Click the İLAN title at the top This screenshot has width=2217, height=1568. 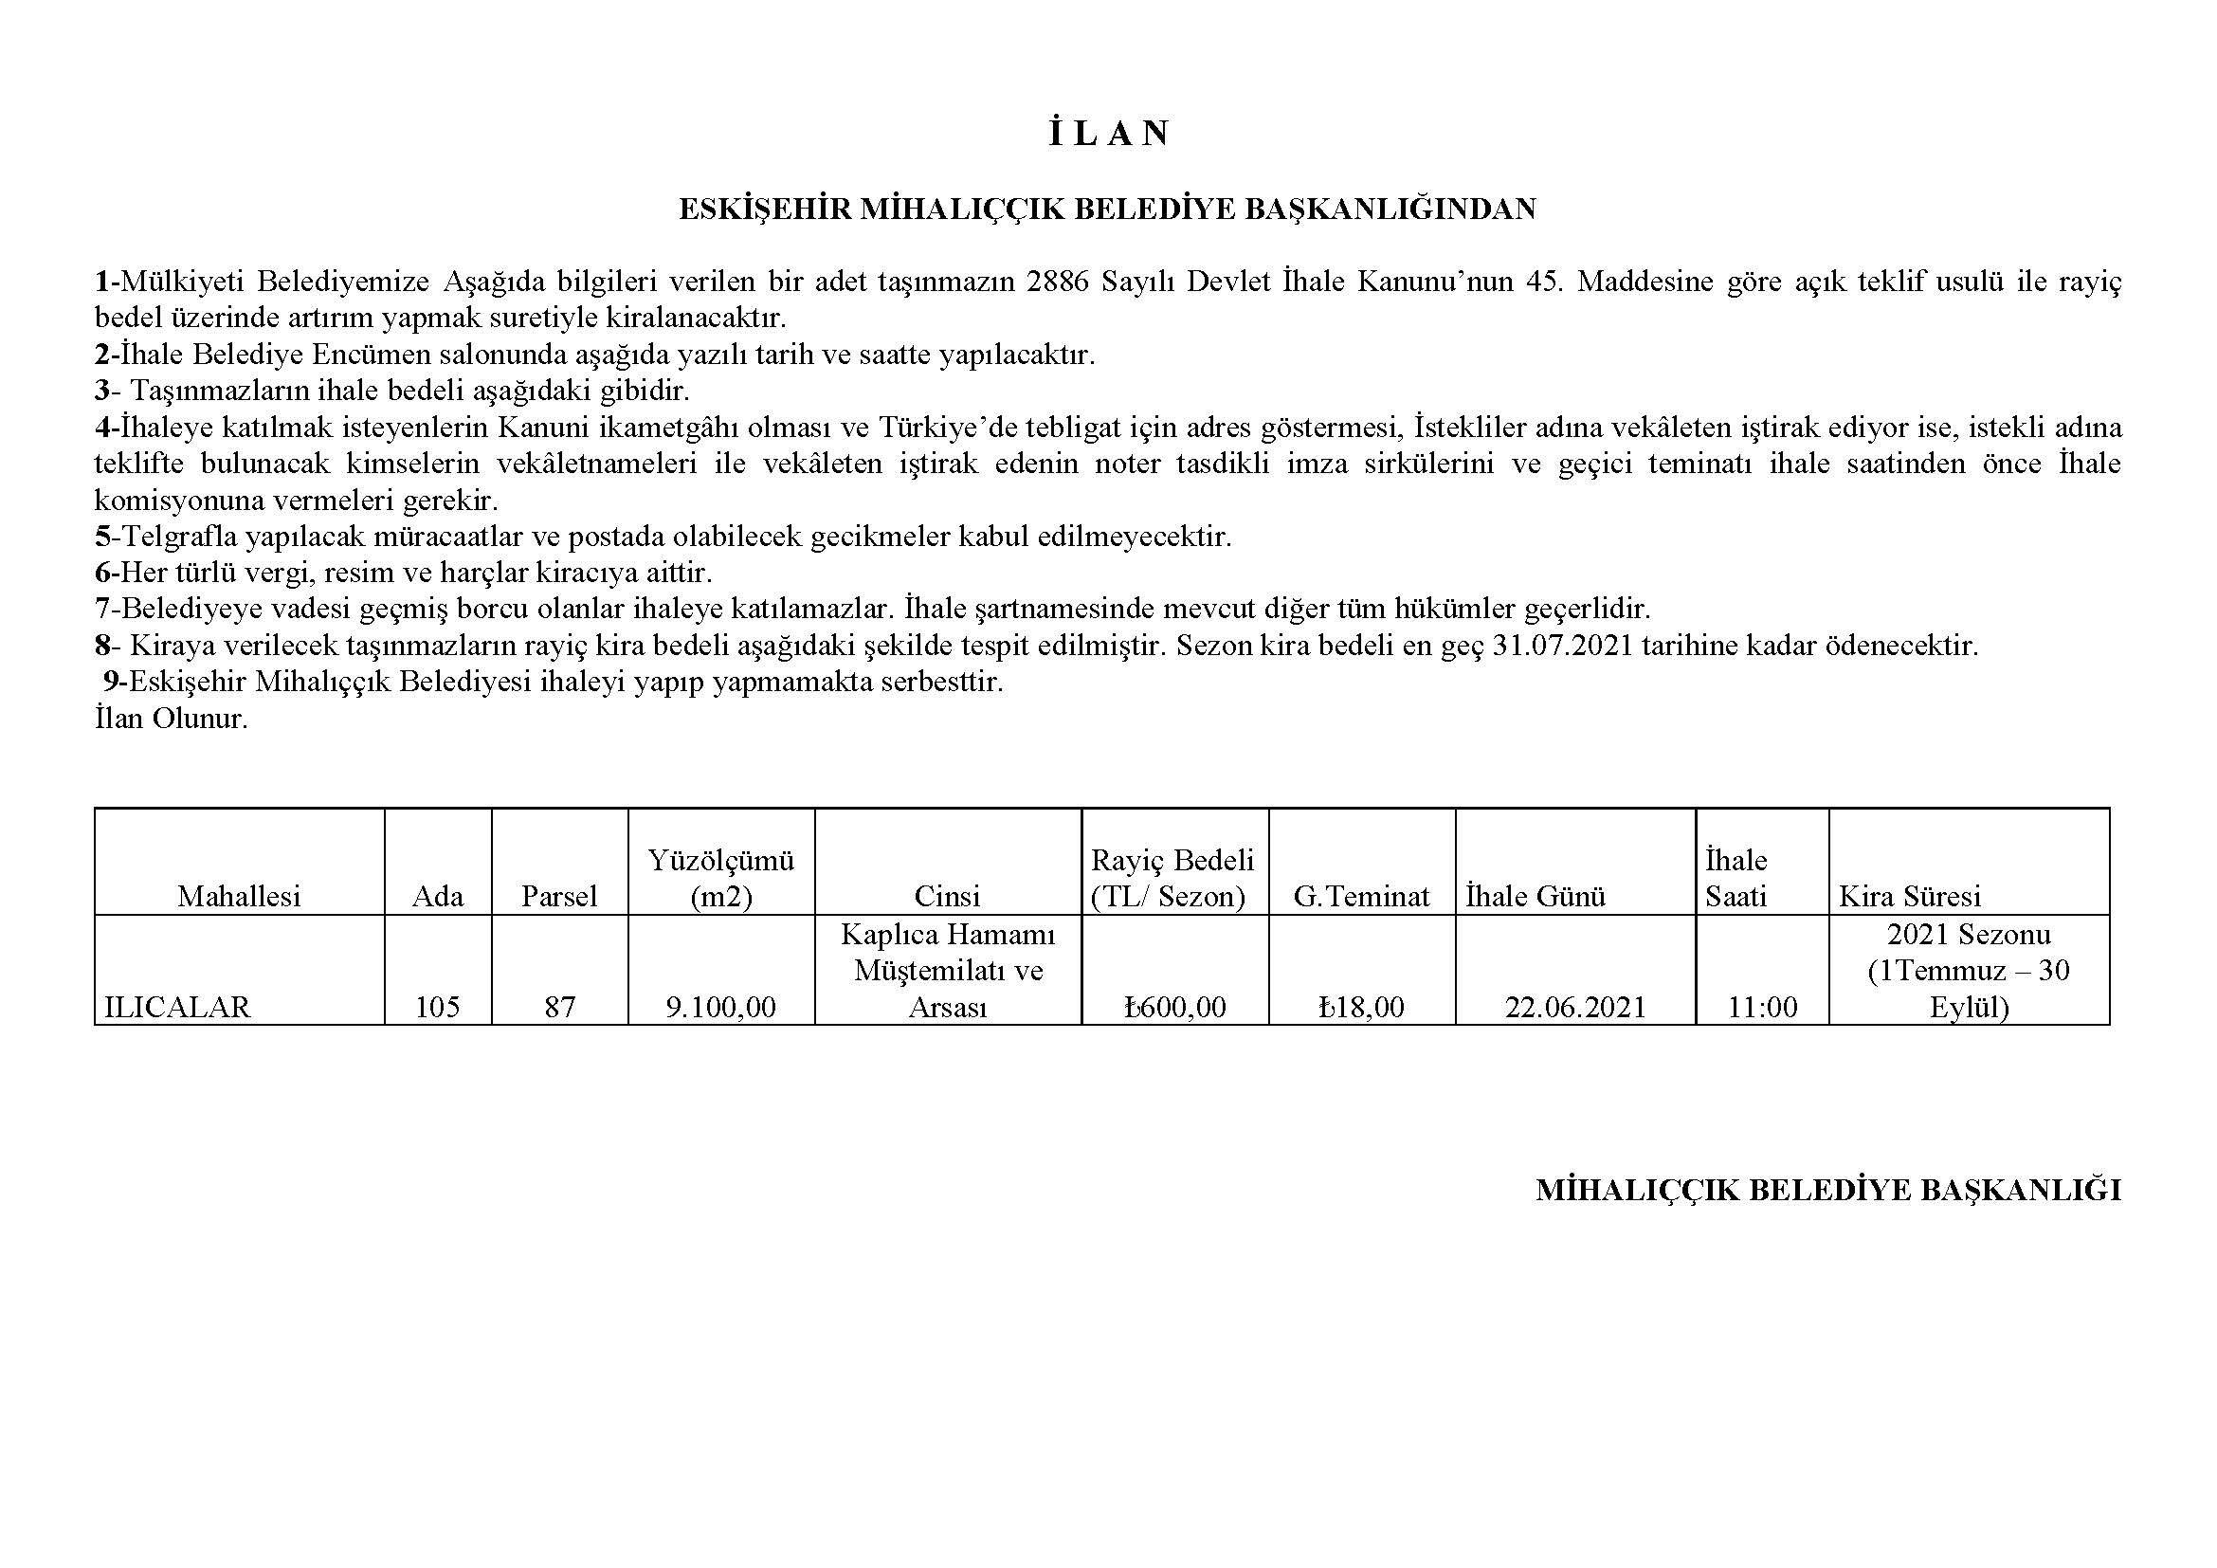tap(1109, 134)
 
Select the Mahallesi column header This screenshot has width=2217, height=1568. tap(239, 896)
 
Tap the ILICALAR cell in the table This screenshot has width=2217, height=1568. tap(176, 1007)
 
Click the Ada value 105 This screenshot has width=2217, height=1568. tap(437, 1007)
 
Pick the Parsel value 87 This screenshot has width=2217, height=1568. tap(559, 1007)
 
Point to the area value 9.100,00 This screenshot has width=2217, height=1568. tap(720, 1007)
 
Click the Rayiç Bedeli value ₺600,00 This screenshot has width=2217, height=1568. tap(1174, 1007)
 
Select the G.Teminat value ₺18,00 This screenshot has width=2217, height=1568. tap(1361, 1007)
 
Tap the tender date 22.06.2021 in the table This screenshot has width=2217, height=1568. tap(1575, 1007)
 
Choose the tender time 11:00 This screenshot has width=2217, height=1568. tap(1762, 1007)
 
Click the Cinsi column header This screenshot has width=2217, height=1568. tap(947, 896)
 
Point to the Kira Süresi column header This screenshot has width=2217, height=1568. tap(1909, 896)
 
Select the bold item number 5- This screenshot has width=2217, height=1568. tap(106, 536)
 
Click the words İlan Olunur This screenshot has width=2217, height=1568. tap(171, 719)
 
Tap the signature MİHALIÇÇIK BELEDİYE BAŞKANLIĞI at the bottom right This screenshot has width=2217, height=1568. tap(1827, 1191)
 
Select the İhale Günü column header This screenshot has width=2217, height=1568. tap(1535, 896)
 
